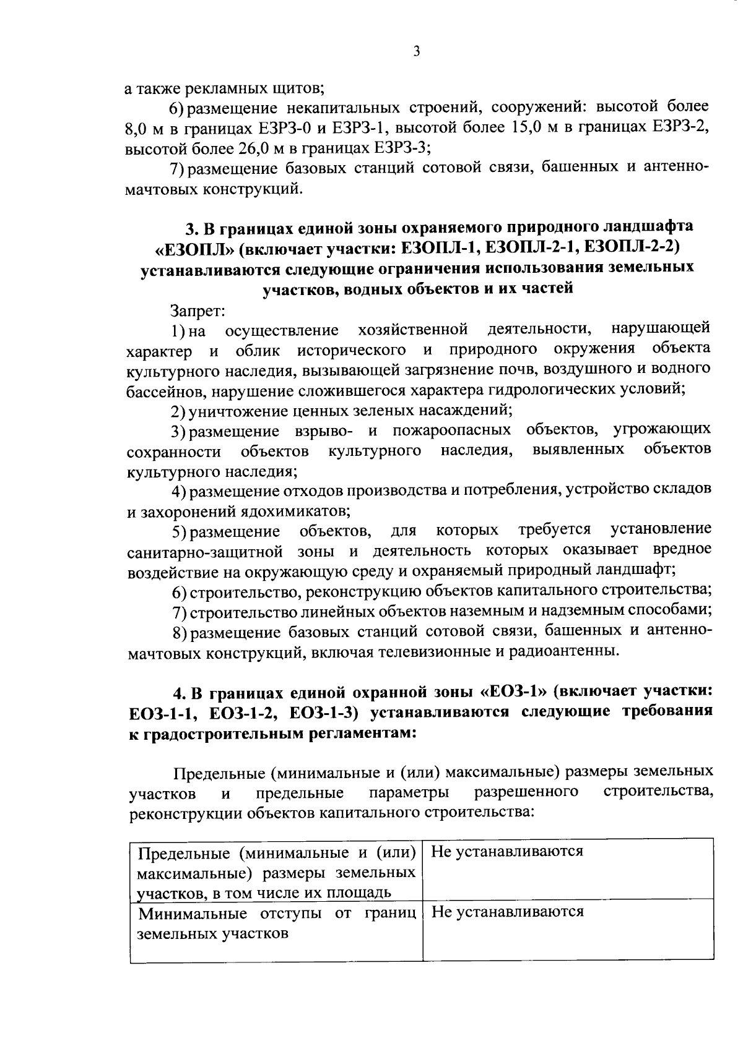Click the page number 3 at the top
pyautogui.click(x=416, y=52)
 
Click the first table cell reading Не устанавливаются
pyautogui.click(x=507, y=852)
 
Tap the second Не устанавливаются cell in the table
pyautogui.click(x=507, y=912)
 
